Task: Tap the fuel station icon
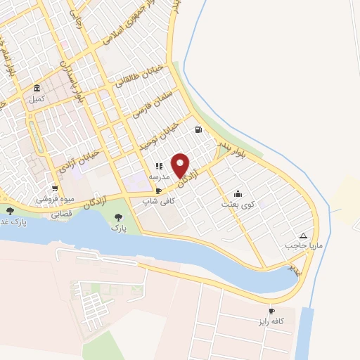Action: coord(199,129)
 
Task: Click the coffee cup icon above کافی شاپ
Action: coord(159,191)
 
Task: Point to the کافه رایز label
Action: coord(272,321)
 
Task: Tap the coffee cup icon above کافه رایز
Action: coord(272,311)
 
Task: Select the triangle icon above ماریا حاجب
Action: coord(303,236)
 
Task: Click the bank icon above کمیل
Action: coord(37,89)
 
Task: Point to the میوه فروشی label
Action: coord(51,200)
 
